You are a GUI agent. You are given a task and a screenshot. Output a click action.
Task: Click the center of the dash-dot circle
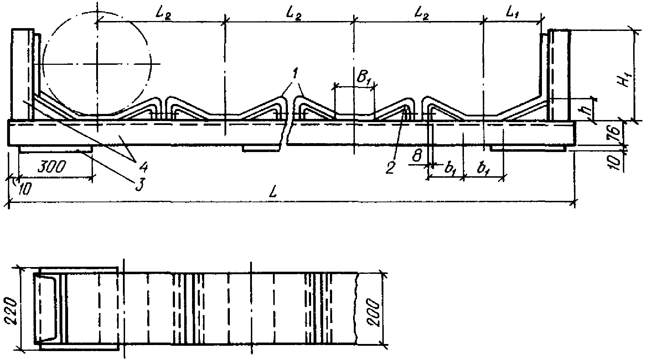(x=97, y=64)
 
